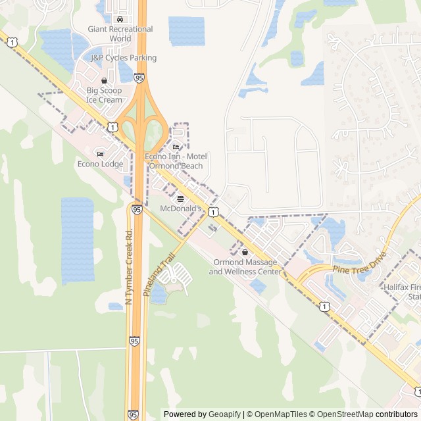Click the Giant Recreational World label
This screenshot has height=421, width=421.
pos(120,34)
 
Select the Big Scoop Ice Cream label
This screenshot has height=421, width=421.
pos(104,95)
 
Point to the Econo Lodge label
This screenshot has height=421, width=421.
pos(100,164)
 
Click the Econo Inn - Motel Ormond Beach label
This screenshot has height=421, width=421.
pos(176,161)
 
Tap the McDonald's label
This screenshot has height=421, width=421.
pos(181,209)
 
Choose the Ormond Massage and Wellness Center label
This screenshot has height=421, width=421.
pos(245,267)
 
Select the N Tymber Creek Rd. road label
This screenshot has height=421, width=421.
pos(129,266)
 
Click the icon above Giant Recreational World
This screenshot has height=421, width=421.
pos(119,19)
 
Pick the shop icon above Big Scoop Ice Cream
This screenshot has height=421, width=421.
pos(104,80)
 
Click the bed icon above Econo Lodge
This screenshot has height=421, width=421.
pos(100,154)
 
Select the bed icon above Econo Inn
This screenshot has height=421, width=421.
pos(176,146)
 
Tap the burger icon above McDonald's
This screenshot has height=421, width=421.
pos(181,198)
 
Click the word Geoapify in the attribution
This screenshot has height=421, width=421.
pos(225,414)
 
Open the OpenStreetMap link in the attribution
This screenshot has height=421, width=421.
pos(342,414)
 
